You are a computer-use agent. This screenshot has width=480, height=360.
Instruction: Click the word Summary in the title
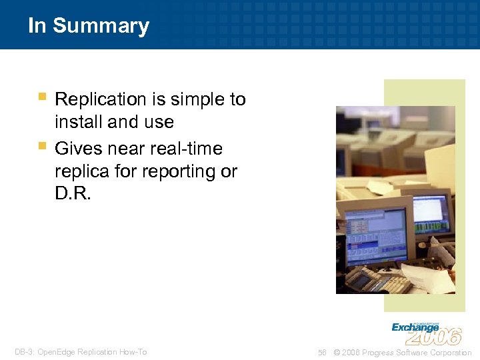[101, 26]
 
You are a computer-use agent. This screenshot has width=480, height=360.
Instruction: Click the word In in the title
[37, 26]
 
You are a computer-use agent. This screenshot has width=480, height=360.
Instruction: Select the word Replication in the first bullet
[100, 99]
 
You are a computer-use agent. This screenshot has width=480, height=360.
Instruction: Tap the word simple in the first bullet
[195, 99]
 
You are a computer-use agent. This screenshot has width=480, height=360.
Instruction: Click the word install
[75, 122]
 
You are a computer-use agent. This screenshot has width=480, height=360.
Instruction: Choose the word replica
[81, 171]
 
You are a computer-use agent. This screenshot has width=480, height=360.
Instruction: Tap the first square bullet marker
[42, 97]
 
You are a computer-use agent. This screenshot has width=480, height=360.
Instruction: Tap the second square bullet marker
[42, 145]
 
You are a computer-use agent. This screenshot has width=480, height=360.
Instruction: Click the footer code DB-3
[24, 352]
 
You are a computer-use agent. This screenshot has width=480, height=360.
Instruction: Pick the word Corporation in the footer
[449, 353]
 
